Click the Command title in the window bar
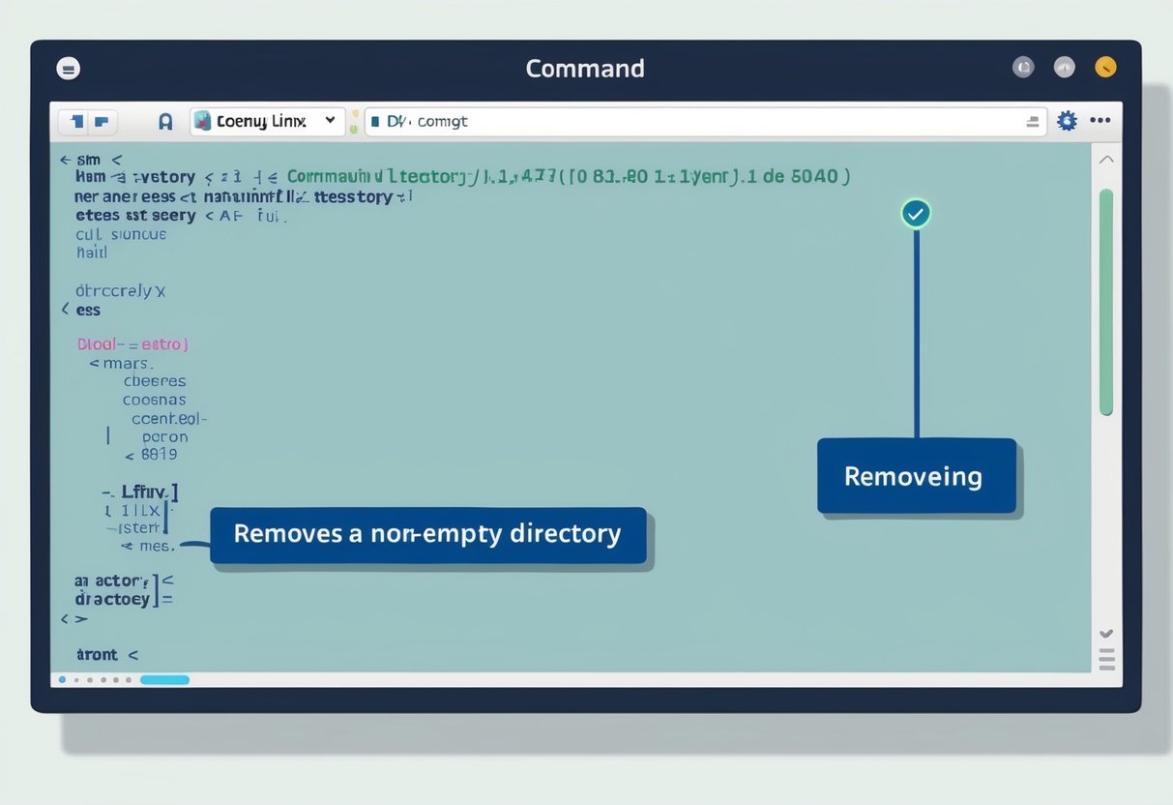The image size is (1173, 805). pos(585,69)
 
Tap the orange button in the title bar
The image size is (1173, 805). pos(1105,67)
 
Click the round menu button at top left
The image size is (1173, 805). pos(69,69)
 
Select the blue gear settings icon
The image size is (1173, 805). pos(1067,121)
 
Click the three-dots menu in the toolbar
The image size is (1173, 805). pos(1100,121)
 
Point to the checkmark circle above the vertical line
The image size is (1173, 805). pos(915,214)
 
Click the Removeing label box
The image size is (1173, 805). pos(916,476)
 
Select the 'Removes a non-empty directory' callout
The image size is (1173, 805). pos(427,534)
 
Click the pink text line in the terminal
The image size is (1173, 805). pos(132,343)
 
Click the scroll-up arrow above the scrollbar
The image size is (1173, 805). pos(1106,160)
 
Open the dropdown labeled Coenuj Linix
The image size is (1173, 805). pos(266,121)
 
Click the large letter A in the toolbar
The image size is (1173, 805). pos(165,122)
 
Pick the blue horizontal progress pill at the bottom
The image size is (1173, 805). pos(164,680)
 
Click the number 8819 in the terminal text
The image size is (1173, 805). pos(159,454)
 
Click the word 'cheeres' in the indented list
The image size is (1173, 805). pos(154,381)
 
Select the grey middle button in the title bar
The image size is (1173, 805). pos(1064,67)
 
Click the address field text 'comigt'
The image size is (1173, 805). pos(442,122)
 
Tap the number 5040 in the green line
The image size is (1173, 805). pos(816,177)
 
